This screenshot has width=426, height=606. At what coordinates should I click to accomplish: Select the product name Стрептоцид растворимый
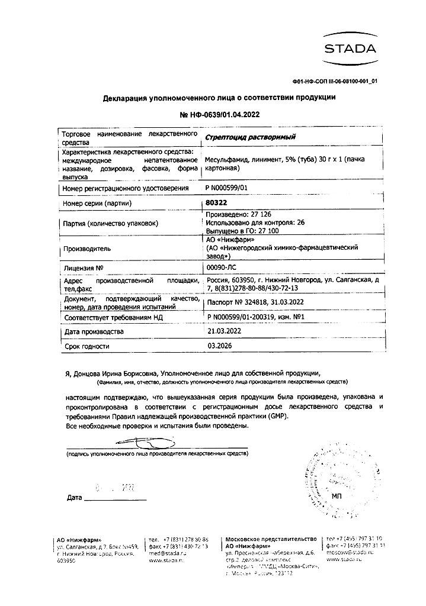click(x=250, y=137)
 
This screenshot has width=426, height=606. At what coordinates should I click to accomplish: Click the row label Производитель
click(x=86, y=249)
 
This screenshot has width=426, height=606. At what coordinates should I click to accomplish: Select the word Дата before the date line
click(x=75, y=498)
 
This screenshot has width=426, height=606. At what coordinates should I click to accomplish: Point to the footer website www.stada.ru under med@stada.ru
click(x=165, y=559)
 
